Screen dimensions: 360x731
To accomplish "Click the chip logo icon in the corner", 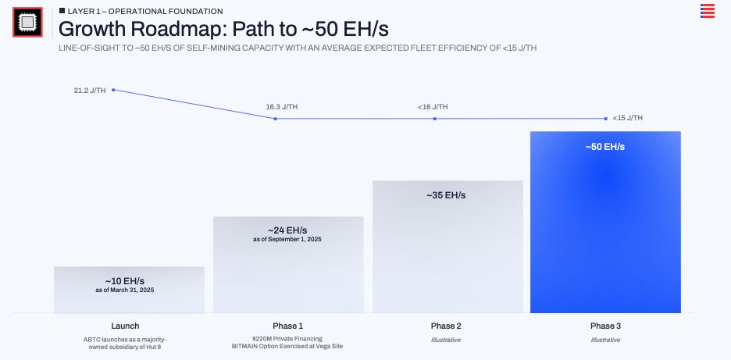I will pos(27,22).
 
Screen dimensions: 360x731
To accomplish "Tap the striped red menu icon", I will pos(708,10).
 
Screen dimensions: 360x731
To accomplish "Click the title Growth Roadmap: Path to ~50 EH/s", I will pos(223,29).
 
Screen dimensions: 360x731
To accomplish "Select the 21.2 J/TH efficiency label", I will pos(90,91).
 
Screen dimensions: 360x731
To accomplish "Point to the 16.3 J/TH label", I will pos(282,107).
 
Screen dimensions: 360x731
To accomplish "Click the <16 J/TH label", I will pos(433,107).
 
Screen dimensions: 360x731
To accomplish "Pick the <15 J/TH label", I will pos(628,118).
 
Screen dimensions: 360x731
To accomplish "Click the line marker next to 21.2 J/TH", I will pos(114,90).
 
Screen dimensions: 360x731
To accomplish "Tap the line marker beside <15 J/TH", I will pos(606,119).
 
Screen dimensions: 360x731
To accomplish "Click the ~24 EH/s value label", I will pos(287,230).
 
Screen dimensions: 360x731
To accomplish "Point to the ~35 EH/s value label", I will pos(446,195).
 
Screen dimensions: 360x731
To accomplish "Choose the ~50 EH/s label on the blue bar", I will pos(605,147).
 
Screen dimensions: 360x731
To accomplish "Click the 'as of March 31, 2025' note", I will pos(125,290).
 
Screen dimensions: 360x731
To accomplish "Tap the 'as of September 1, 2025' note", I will pos(287,239).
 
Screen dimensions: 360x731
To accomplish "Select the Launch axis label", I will pos(125,326).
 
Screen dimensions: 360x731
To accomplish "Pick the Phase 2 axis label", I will pos(446,326).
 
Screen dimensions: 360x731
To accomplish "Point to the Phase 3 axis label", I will pos(605,326).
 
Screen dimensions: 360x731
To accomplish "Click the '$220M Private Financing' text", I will pos(287,339).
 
